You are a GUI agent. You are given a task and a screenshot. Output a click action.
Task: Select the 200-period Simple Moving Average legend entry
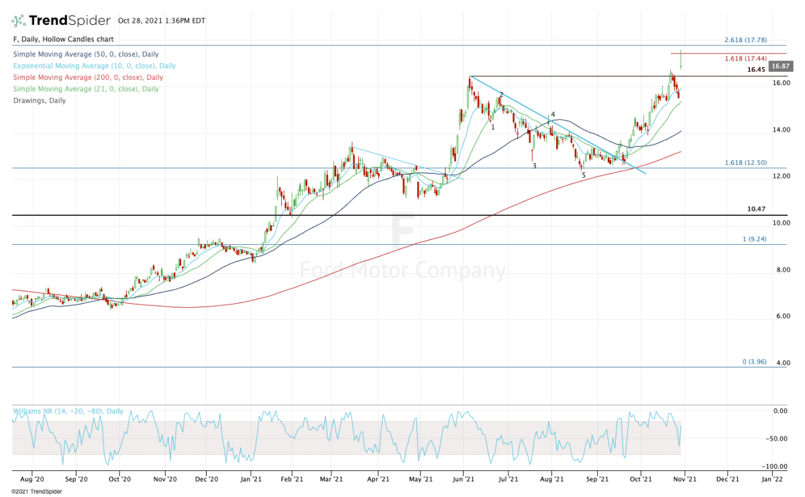(x=87, y=78)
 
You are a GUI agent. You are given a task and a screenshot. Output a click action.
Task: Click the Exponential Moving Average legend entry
(x=94, y=66)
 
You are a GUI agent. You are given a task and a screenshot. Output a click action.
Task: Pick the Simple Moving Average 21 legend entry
(x=85, y=89)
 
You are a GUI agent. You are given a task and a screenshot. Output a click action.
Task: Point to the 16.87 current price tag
(x=782, y=66)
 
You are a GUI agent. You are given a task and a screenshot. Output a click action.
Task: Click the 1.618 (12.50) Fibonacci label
(x=746, y=163)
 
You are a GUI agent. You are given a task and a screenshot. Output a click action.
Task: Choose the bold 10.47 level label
(x=755, y=209)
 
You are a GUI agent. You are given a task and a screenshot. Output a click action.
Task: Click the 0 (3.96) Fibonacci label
(x=754, y=362)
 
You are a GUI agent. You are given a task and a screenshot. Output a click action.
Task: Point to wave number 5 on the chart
(x=583, y=176)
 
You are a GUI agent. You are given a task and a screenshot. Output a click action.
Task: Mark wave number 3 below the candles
(x=535, y=166)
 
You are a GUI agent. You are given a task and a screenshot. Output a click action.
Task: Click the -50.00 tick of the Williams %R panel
(x=778, y=439)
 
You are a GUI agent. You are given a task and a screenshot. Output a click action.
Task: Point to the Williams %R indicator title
(x=67, y=410)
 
